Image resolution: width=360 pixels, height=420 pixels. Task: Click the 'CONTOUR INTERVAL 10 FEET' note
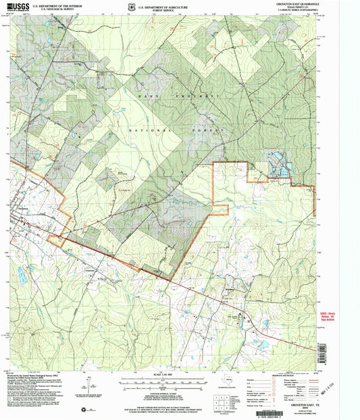pyautogui.click(x=159, y=392)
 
